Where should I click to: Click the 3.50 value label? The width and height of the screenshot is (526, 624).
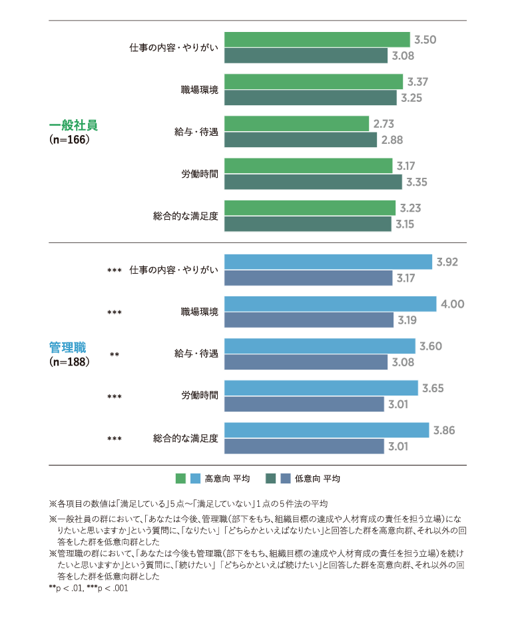(x=425, y=40)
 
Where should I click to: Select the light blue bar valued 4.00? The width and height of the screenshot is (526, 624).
(x=330, y=304)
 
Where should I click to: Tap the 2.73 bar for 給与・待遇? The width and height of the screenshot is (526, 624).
(x=296, y=124)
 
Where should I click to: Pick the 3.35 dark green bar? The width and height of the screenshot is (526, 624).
(x=313, y=182)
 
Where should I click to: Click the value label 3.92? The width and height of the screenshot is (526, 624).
(x=447, y=262)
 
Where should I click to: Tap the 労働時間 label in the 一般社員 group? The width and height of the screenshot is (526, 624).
(x=199, y=174)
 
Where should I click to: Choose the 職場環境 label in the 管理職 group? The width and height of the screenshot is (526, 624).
(x=199, y=312)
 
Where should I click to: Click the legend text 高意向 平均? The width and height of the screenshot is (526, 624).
(x=227, y=478)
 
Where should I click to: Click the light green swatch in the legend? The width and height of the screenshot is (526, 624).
(x=180, y=478)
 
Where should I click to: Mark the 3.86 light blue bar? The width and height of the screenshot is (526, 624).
(x=326, y=430)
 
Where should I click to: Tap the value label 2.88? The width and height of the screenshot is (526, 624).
(x=392, y=140)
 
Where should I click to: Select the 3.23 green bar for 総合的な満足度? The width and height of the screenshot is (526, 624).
(x=310, y=208)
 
